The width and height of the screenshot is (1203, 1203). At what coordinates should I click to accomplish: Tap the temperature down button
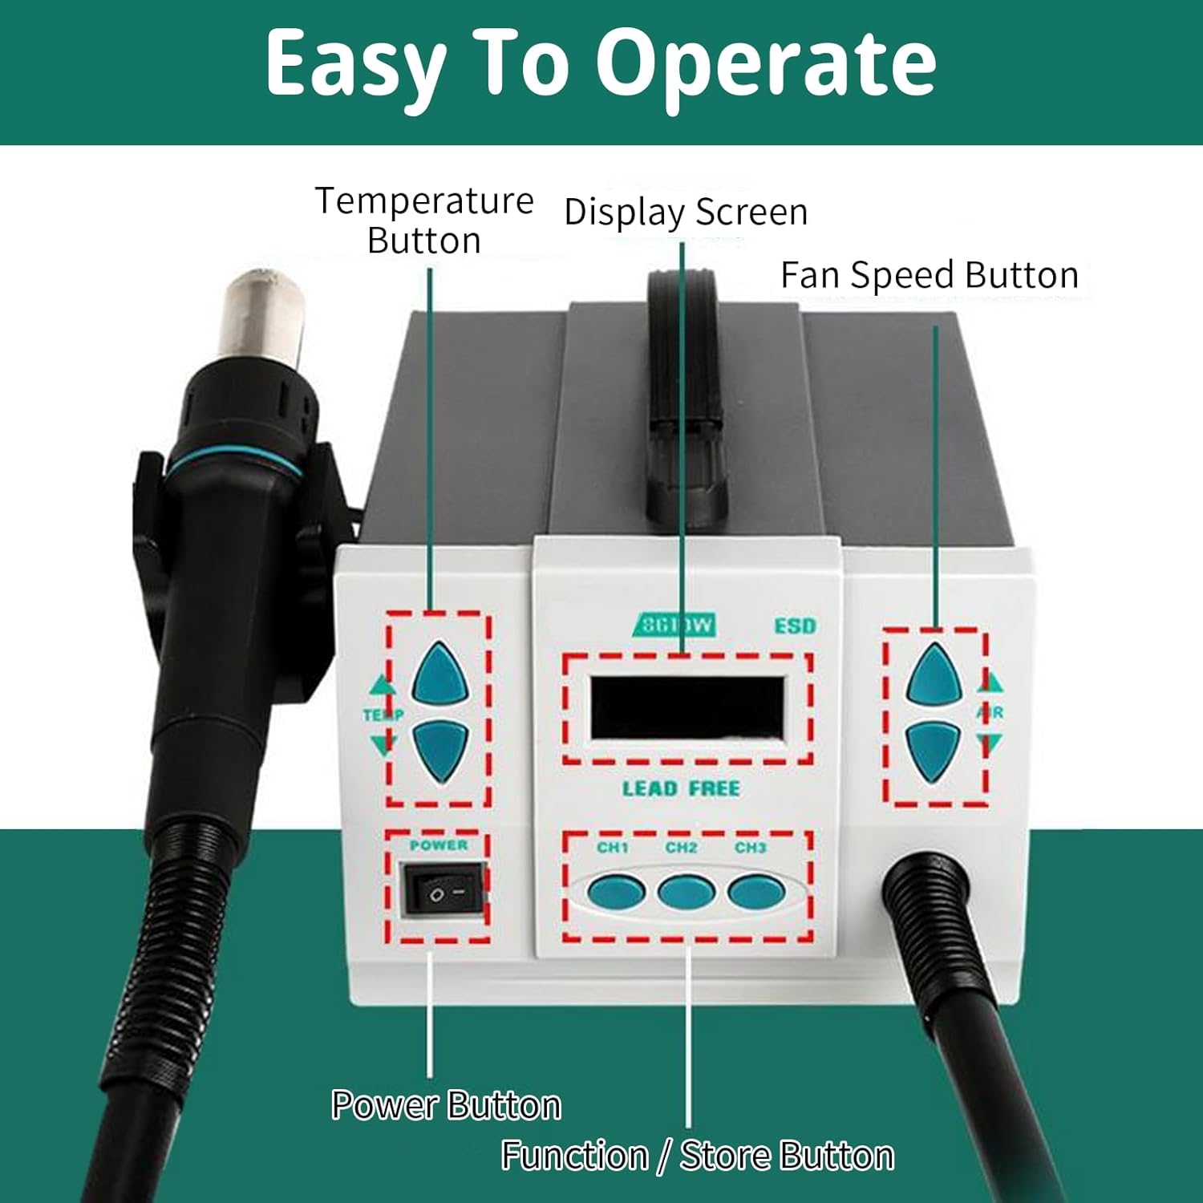click(x=439, y=749)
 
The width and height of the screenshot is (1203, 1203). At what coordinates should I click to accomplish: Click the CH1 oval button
click(x=615, y=892)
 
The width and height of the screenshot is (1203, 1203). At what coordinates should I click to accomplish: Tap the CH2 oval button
click(x=685, y=892)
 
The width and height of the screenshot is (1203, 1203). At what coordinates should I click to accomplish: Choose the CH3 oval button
click(x=755, y=892)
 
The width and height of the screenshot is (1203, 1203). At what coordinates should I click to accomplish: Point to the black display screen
click(x=687, y=707)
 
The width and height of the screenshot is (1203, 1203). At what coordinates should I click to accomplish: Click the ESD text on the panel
click(x=795, y=626)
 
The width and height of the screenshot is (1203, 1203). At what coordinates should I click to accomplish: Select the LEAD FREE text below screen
click(x=681, y=788)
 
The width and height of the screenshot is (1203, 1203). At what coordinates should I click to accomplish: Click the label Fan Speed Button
click(x=930, y=275)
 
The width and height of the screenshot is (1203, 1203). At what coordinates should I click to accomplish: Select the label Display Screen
click(x=686, y=213)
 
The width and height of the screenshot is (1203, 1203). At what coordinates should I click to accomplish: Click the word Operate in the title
click(x=766, y=64)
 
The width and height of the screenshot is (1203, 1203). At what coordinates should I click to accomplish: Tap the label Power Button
click(x=446, y=1105)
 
